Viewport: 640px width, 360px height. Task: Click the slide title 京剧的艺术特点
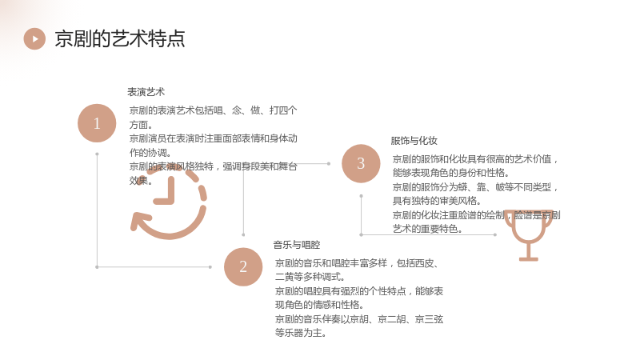tap(119, 38)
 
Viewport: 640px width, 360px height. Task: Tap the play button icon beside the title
tap(34, 38)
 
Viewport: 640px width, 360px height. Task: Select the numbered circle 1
tap(97, 123)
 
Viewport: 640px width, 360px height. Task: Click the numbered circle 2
tap(243, 266)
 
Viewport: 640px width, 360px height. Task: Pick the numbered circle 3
tap(361, 163)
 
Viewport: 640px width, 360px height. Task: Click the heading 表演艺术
tap(146, 92)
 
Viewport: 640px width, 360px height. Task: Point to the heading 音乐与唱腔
tap(297, 245)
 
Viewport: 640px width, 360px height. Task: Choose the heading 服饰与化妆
tap(414, 141)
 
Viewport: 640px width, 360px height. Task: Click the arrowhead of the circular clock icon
tap(138, 222)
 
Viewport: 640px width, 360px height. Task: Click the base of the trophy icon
tap(529, 258)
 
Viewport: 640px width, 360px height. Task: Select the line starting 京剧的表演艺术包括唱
tap(213, 110)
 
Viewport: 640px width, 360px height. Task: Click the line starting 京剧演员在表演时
tap(213, 138)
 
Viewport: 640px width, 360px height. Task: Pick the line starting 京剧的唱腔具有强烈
tap(358, 291)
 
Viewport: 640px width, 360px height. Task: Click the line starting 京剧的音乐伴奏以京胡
tap(358, 319)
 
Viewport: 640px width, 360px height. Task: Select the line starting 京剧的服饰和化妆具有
tap(475, 159)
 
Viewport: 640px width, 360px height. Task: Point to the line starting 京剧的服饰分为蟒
tap(475, 187)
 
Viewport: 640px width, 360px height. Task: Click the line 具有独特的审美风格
tap(437, 201)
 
